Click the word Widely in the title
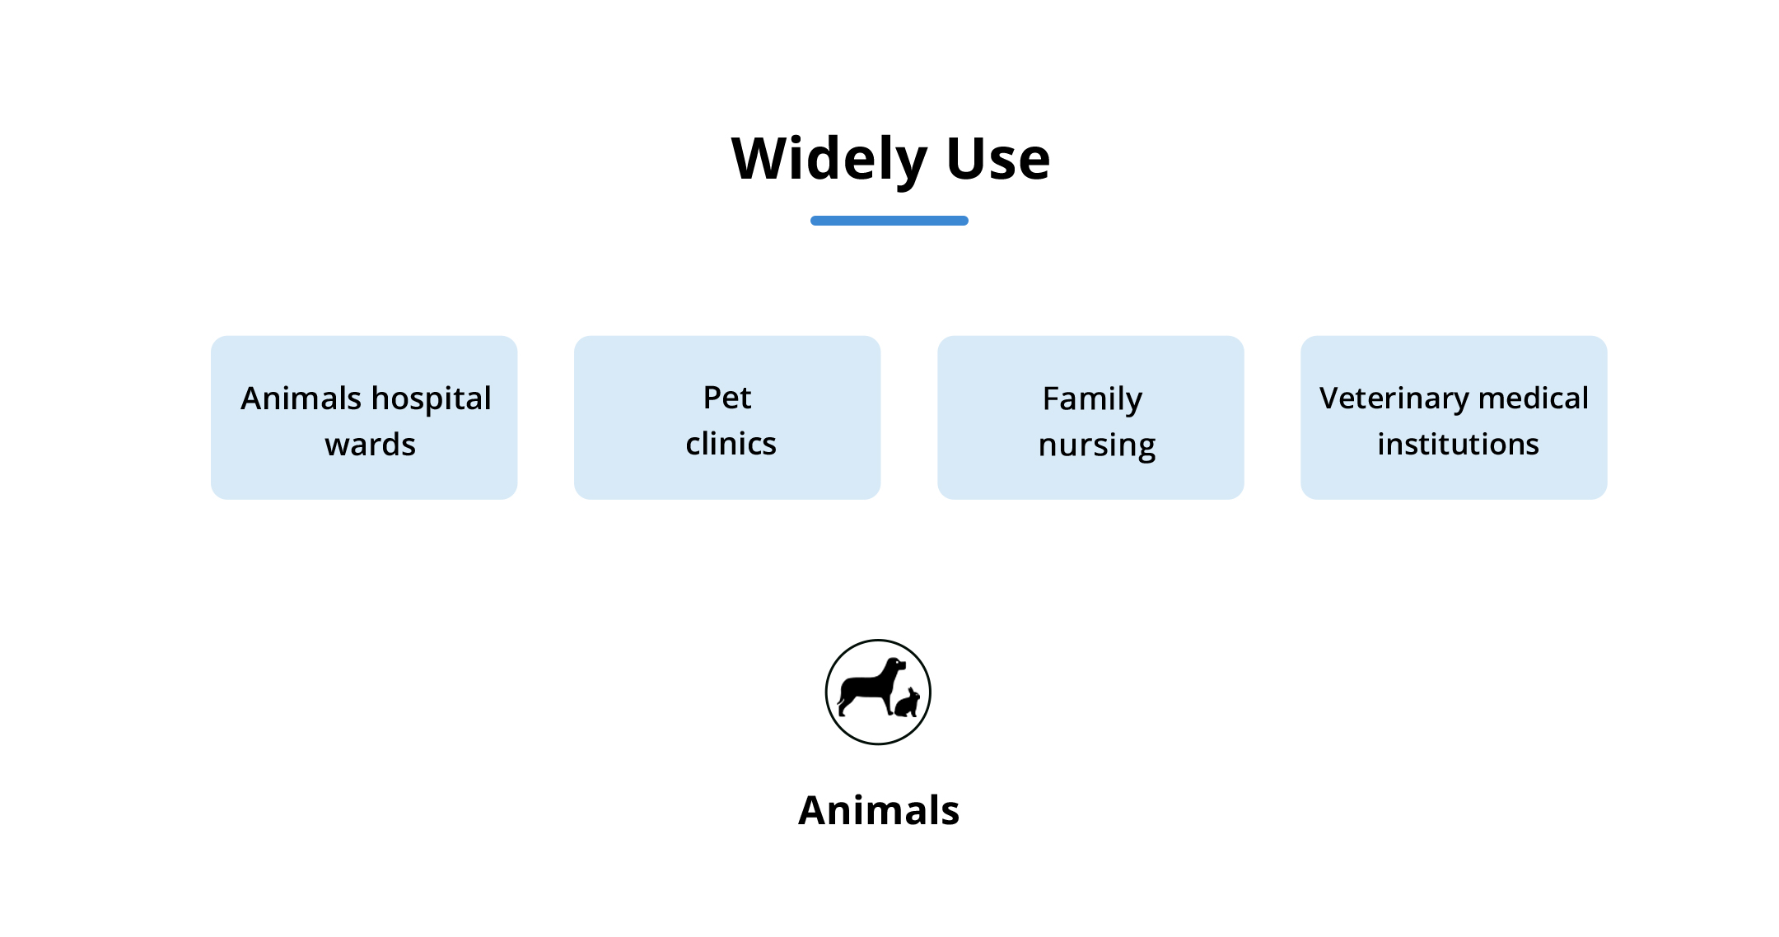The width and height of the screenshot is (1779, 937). pyautogui.click(x=829, y=160)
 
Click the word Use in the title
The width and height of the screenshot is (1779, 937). pyautogui.click(x=998, y=158)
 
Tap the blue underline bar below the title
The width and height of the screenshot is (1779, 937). pyautogui.click(x=889, y=221)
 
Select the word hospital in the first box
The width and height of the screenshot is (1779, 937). pyautogui.click(x=432, y=400)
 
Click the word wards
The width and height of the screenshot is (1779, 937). pyautogui.click(x=371, y=445)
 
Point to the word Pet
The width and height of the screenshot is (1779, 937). pyautogui.click(x=727, y=398)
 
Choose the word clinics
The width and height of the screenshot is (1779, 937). pyautogui.click(x=731, y=444)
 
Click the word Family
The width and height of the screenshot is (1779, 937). pyautogui.click(x=1092, y=400)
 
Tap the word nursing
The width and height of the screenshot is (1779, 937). pyautogui.click(x=1097, y=446)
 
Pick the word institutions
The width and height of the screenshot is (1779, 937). pyautogui.click(x=1458, y=445)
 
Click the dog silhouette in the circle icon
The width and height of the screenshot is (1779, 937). pyautogui.click(x=869, y=687)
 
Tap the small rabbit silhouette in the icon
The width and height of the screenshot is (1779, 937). pyautogui.click(x=908, y=703)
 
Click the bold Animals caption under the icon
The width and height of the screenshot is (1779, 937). pyautogui.click(x=879, y=810)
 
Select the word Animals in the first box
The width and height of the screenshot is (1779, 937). pyautogui.click(x=301, y=399)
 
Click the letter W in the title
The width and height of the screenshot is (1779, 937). pyautogui.click(x=762, y=158)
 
